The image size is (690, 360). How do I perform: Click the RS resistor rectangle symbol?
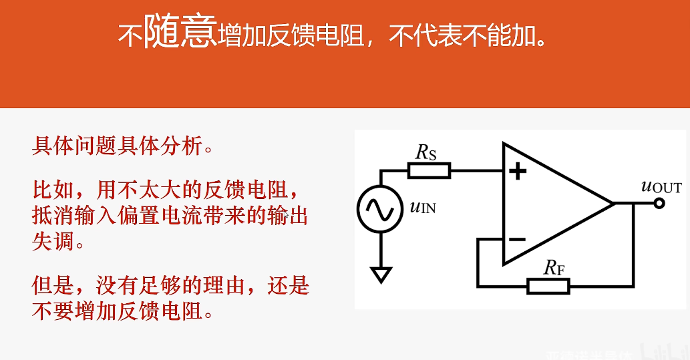pos(429,171)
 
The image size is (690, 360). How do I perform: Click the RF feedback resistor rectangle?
pos(548,286)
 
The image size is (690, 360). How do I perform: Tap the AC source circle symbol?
pos(380,209)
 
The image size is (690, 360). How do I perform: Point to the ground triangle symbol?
pos(381,275)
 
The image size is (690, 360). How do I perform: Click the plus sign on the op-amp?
pos(518,172)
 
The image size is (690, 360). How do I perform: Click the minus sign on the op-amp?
pos(517,239)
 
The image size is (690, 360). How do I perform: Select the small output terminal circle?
pos(659,203)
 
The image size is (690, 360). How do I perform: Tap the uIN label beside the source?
pos(422,206)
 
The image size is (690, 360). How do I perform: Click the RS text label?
pos(426,152)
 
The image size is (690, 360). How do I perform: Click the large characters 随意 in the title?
pos(180,31)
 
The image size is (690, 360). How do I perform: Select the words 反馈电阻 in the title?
pos(315,35)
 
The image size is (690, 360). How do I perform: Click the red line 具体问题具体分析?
pos(123,145)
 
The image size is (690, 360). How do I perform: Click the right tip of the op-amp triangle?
pos(613,203)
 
